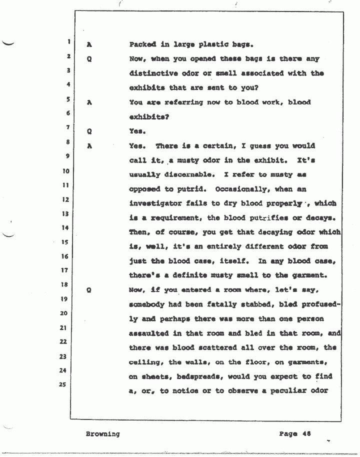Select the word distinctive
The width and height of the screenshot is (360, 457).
pos(151,73)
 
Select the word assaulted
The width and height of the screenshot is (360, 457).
pos(148,332)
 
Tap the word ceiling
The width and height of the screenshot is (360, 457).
pos(145,361)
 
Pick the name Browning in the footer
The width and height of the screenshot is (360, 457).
pos(102,433)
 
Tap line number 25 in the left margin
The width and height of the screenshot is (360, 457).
pos(63,385)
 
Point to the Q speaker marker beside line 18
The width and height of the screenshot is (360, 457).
pos(88,289)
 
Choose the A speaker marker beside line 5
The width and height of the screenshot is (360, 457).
pos(88,102)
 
